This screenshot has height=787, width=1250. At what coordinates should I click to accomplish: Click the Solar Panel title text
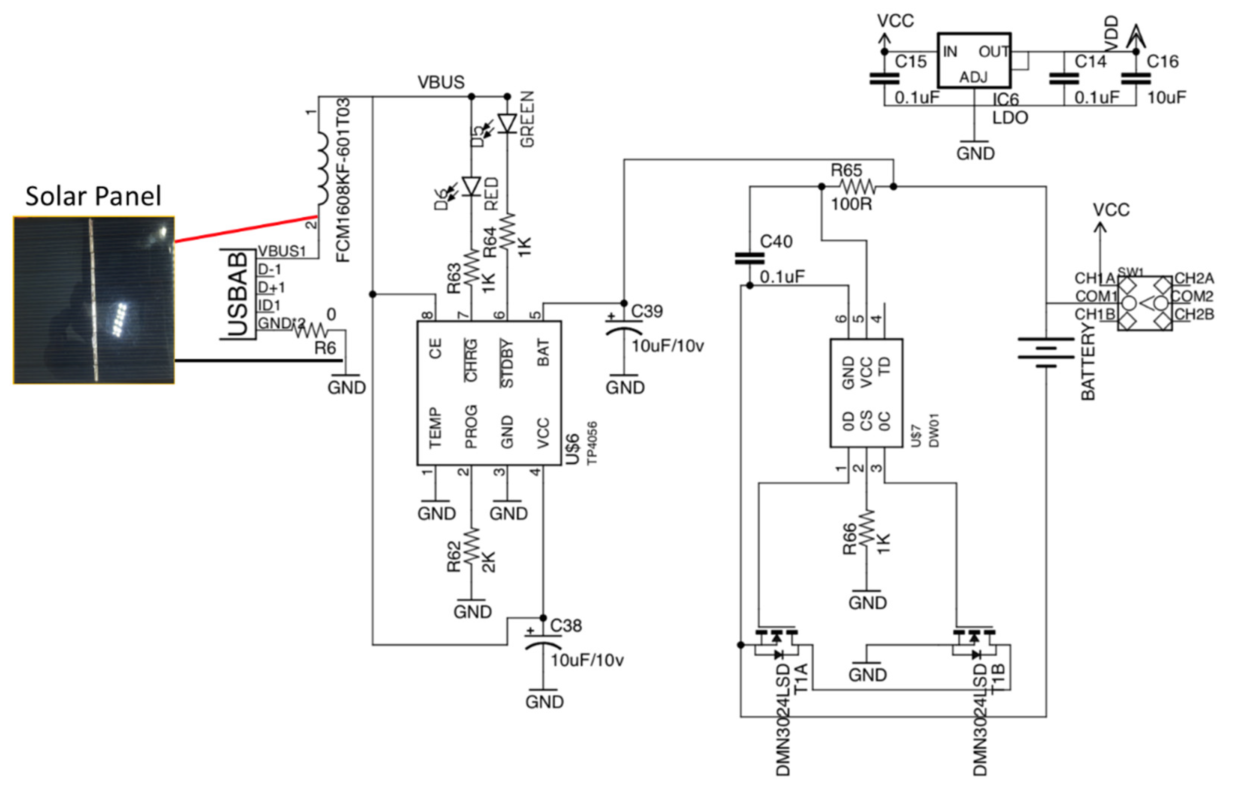(93, 196)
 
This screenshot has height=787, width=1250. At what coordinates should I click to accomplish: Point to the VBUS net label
(441, 82)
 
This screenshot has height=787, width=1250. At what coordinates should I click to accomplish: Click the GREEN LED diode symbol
(507, 124)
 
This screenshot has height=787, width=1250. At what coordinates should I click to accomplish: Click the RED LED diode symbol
(471, 186)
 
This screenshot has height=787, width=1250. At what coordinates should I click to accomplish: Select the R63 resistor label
(454, 278)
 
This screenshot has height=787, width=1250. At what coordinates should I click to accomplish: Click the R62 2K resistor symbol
(471, 546)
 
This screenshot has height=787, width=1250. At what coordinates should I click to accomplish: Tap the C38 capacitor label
(566, 626)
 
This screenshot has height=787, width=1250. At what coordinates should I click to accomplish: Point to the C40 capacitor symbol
(749, 258)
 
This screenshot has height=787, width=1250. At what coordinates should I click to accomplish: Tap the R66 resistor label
(849, 540)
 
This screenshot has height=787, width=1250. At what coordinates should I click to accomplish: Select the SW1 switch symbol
(1144, 303)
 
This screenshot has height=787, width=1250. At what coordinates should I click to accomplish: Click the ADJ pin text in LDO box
(973, 77)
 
